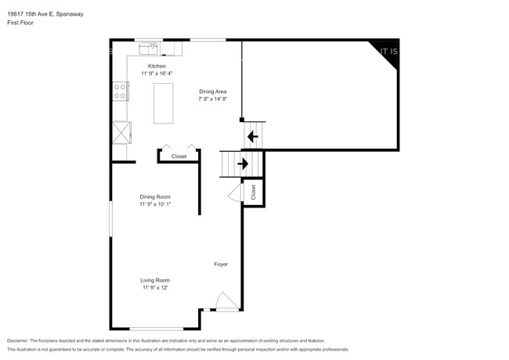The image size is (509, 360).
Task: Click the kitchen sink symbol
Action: click(x=148, y=48)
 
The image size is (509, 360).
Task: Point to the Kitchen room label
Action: click(x=157, y=67)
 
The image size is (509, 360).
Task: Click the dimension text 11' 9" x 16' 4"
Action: click(x=157, y=74)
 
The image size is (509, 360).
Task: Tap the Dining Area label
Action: click(x=212, y=92)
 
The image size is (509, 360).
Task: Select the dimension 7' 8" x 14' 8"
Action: click(x=212, y=99)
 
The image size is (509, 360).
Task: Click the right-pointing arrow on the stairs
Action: click(x=243, y=164)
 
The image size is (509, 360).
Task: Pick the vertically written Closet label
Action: click(x=254, y=192)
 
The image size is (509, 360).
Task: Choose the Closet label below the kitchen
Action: click(x=179, y=157)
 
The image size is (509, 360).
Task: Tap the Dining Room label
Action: click(x=155, y=196)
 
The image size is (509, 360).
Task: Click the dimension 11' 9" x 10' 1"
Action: click(x=155, y=204)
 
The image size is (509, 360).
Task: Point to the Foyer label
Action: click(x=221, y=265)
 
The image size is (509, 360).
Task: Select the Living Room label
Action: click(x=155, y=280)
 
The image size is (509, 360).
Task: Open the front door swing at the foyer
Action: click(x=225, y=301)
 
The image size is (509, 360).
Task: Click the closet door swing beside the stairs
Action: click(x=234, y=194)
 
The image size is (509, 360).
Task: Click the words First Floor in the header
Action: click(x=20, y=23)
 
